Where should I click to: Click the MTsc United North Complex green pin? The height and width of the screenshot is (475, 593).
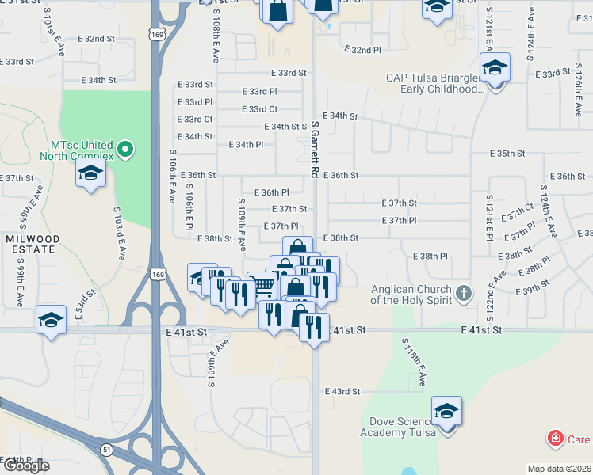pyautogui.click(x=124, y=148)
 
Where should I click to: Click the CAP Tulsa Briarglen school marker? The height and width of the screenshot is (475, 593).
pyautogui.click(x=495, y=69)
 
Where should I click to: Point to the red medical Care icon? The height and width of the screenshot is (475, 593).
pyautogui.click(x=556, y=439)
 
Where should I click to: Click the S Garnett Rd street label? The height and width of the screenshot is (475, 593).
pyautogui.click(x=315, y=149)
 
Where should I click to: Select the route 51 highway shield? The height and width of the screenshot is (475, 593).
pyautogui.click(x=105, y=449)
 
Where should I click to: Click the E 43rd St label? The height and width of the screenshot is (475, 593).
pyautogui.click(x=342, y=391)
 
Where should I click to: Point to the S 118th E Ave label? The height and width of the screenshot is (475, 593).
pyautogui.click(x=415, y=363)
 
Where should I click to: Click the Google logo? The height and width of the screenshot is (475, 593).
pyautogui.click(x=25, y=465)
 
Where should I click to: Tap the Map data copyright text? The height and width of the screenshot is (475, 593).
pyautogui.click(x=560, y=469)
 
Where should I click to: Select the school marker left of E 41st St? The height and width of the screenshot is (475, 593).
pyautogui.click(x=52, y=321)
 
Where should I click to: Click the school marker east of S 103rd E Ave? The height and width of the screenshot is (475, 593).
pyautogui.click(x=91, y=175)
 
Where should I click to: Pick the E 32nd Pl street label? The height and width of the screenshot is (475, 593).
pyautogui.click(x=363, y=49)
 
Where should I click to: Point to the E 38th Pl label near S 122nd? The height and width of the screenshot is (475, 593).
pyautogui.click(x=431, y=256)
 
